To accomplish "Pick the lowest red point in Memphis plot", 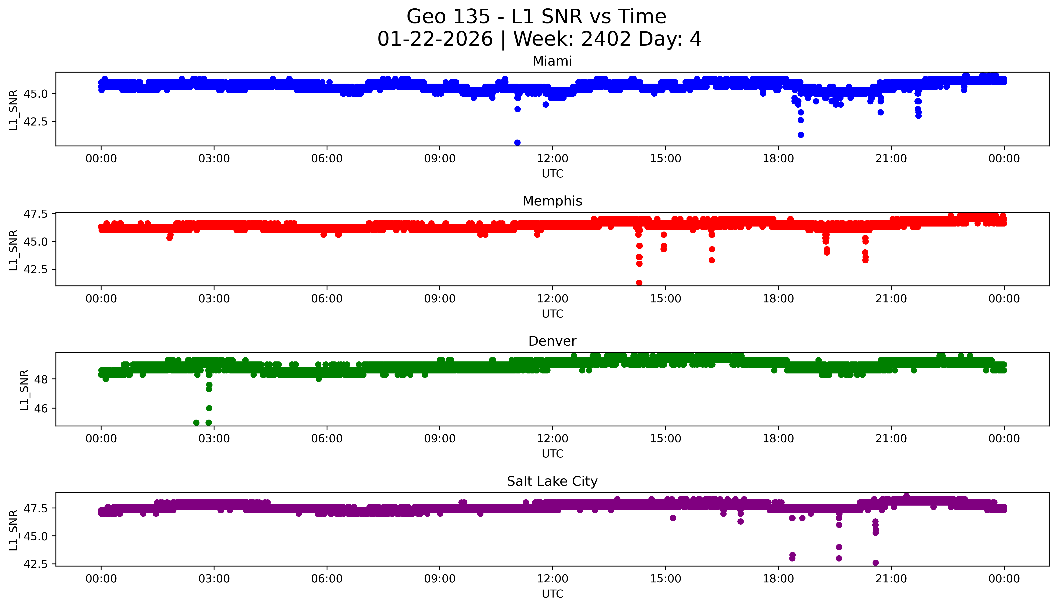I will pyautogui.click(x=639, y=283).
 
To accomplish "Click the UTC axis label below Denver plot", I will pyautogui.click(x=552, y=454).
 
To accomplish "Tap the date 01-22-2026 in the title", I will pyautogui.click(x=435, y=40).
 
